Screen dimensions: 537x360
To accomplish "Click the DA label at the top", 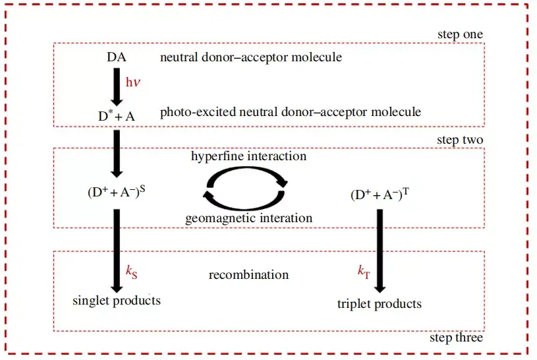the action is pyautogui.click(x=117, y=57).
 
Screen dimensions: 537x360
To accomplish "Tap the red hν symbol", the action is pyautogui.click(x=133, y=82).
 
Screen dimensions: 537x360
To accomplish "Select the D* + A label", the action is pyautogui.click(x=117, y=116).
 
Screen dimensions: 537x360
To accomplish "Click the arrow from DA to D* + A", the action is pyautogui.click(x=117, y=87).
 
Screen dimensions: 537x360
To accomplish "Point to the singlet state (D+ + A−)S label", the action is pyautogui.click(x=117, y=192).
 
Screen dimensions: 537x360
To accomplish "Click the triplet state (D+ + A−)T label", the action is pyautogui.click(x=380, y=195).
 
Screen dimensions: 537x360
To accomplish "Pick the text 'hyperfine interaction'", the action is pyautogui.click(x=248, y=156).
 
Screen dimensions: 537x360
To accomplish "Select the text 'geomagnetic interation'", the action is pyautogui.click(x=248, y=218).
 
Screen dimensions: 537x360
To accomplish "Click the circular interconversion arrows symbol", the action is pyautogui.click(x=245, y=188).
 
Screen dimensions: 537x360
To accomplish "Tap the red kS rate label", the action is pyautogui.click(x=132, y=272).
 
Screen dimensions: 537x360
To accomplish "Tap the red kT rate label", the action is pyautogui.click(x=364, y=272).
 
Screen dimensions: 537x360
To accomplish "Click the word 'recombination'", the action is pyautogui.click(x=248, y=275).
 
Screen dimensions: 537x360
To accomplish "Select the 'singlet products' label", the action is pyautogui.click(x=117, y=301).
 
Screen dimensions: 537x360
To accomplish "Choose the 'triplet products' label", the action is pyautogui.click(x=380, y=304).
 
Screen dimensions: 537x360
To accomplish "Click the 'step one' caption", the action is pyautogui.click(x=461, y=34).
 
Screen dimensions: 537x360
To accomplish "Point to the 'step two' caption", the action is pyautogui.click(x=460, y=140).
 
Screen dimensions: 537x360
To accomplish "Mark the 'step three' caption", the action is pyautogui.click(x=456, y=338).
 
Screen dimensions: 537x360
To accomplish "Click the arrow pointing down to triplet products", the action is pyautogui.click(x=380, y=251).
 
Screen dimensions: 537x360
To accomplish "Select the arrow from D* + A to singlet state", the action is pyautogui.click(x=117, y=154).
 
